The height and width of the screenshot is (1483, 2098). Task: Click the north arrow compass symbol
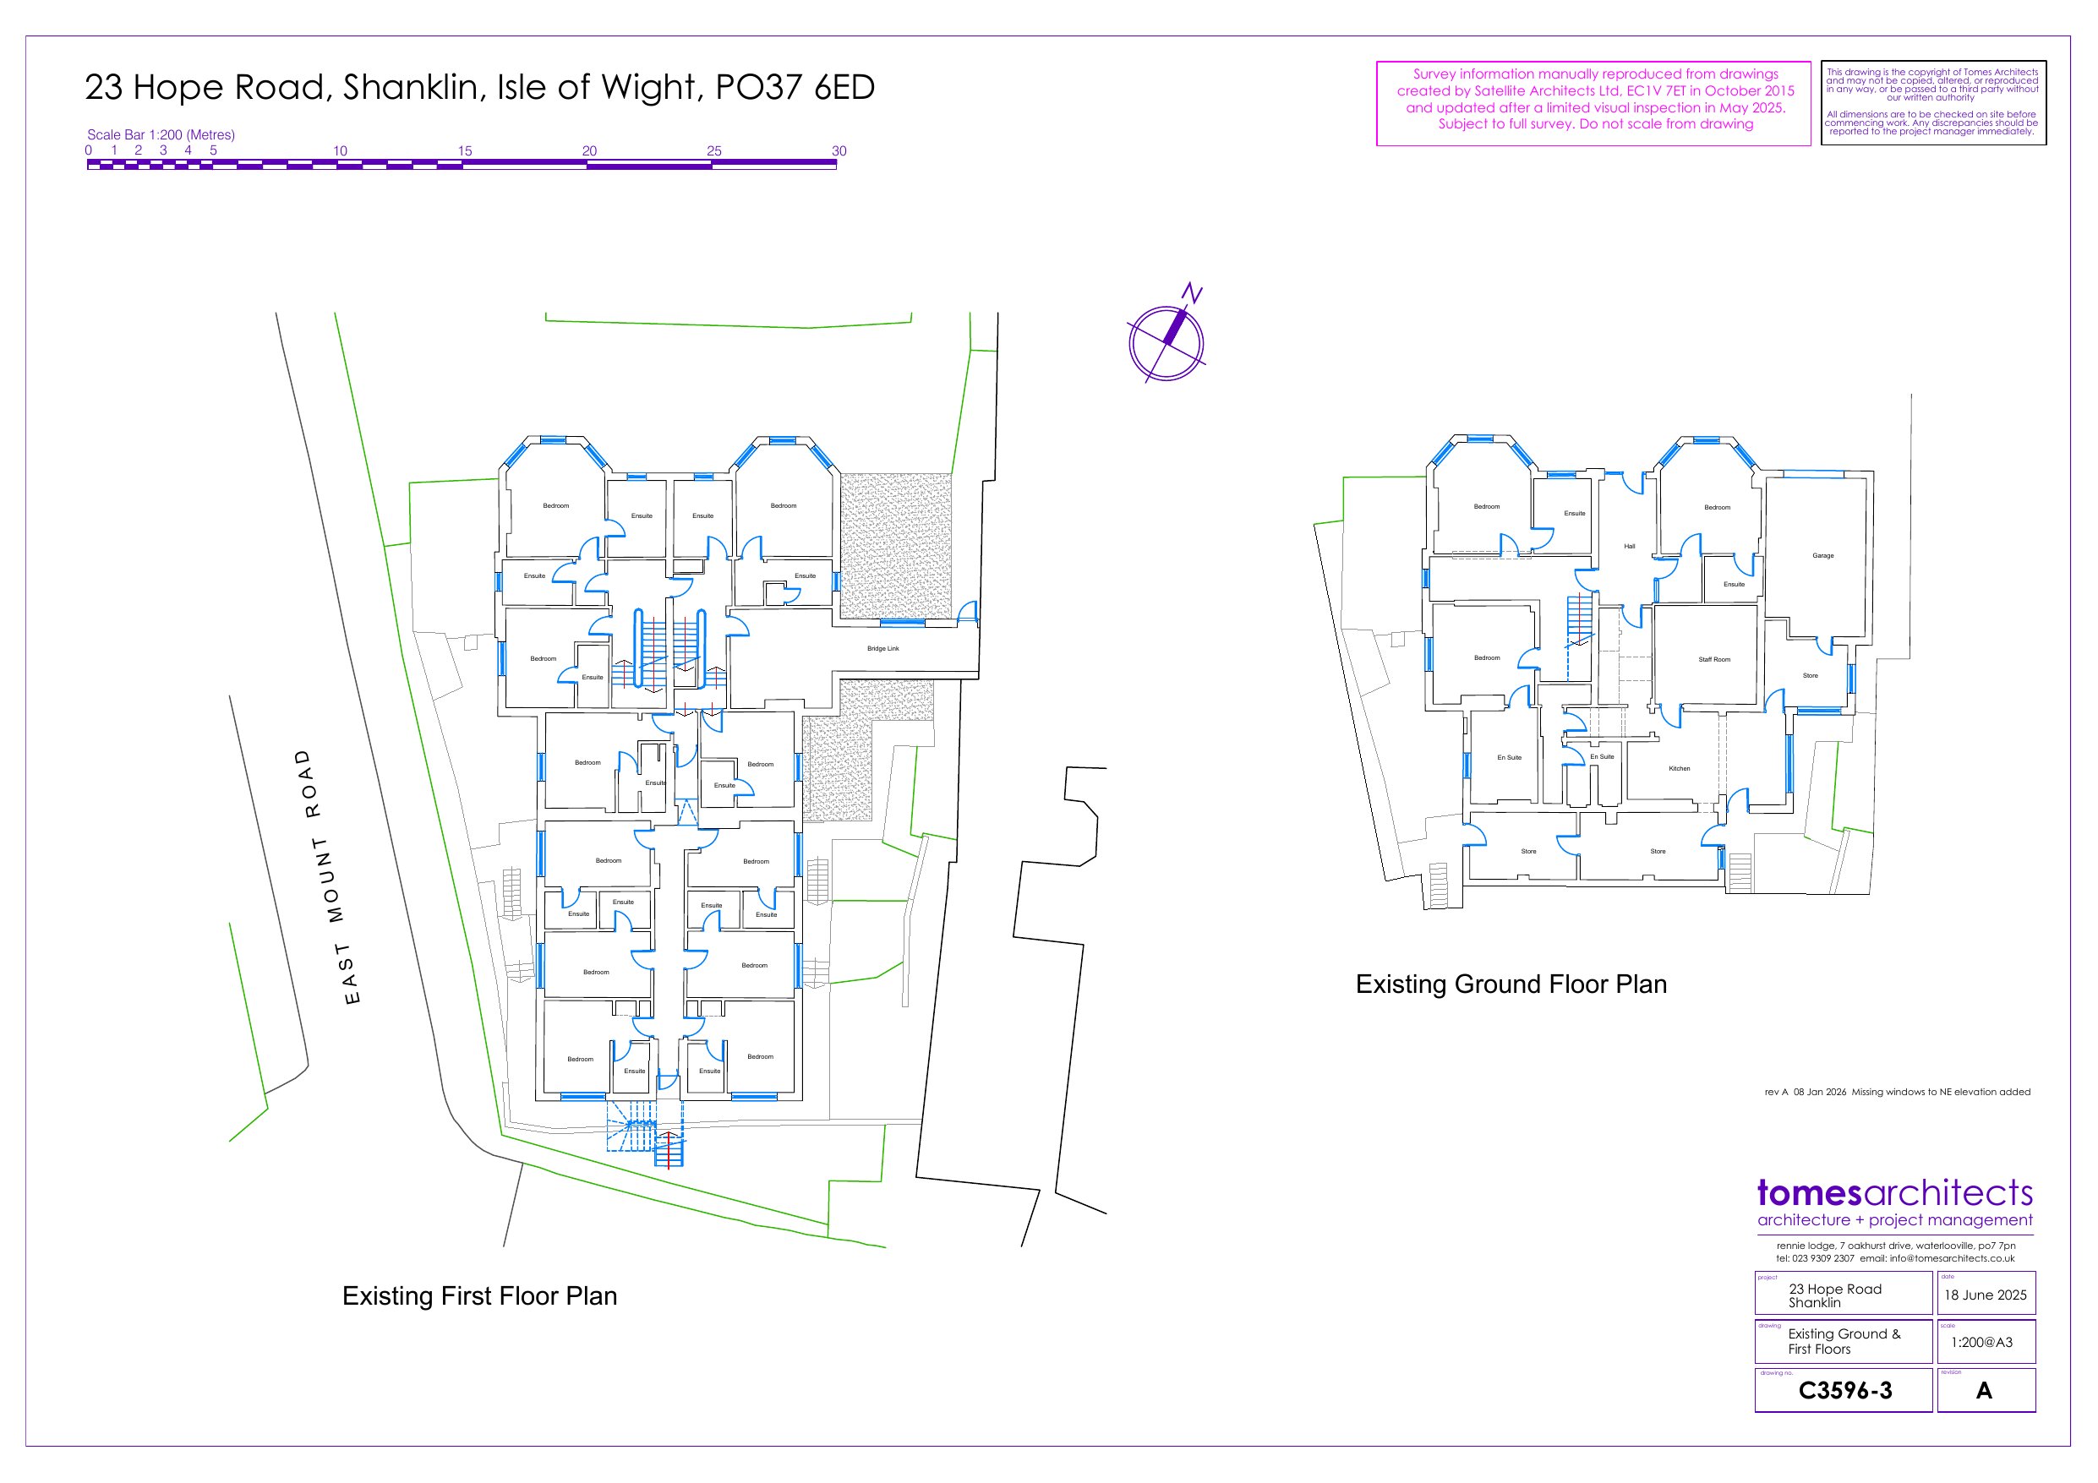point(1166,341)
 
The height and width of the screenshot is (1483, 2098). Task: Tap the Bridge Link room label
point(882,649)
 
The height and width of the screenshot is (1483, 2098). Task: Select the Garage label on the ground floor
point(1823,555)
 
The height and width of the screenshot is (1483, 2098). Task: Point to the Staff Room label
point(1714,660)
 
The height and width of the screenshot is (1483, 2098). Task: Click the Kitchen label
point(1680,768)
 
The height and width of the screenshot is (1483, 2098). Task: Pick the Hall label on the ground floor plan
point(1629,547)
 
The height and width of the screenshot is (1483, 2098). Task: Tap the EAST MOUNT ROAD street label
point(327,876)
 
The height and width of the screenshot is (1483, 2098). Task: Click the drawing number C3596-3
point(1845,1390)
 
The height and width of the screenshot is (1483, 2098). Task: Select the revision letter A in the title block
point(1984,1390)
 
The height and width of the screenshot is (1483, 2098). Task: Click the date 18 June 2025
point(1986,1295)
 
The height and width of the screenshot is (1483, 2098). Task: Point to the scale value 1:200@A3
point(1982,1342)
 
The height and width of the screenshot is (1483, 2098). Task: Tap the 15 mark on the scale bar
point(464,150)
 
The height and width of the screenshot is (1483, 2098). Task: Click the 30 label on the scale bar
point(839,150)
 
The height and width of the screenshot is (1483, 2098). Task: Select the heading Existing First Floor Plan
point(480,1295)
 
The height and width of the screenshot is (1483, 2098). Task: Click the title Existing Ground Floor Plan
point(1511,984)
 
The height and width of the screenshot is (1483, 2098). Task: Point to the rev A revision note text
point(1897,1092)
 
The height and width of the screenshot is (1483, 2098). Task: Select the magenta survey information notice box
point(1593,103)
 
